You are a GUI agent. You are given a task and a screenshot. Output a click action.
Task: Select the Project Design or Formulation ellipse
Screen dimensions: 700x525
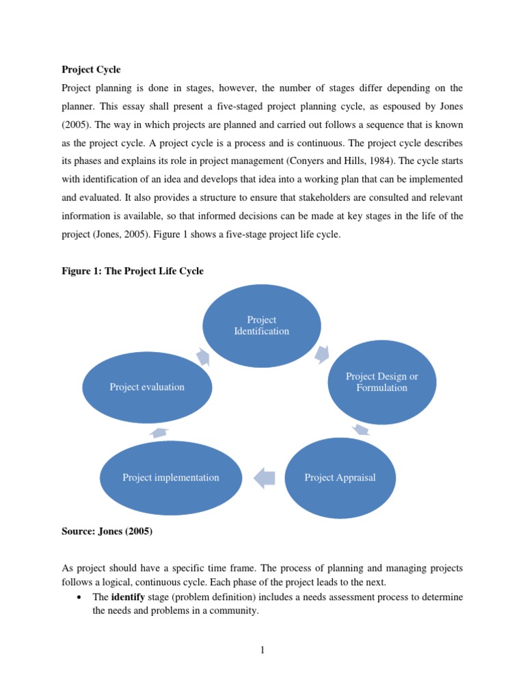[x=381, y=382]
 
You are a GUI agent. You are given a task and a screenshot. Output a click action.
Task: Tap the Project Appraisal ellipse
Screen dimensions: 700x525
[x=340, y=478]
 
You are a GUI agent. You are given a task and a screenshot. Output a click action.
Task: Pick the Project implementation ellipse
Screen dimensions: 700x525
[x=171, y=478]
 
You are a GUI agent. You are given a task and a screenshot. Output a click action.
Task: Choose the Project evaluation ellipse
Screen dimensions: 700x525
[x=147, y=387]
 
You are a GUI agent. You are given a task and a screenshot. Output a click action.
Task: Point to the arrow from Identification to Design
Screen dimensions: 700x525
[x=322, y=353]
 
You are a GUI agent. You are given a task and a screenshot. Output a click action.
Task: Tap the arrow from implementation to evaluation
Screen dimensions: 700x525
[x=159, y=431]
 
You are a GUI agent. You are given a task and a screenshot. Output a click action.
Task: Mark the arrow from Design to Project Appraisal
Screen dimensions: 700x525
[x=362, y=430]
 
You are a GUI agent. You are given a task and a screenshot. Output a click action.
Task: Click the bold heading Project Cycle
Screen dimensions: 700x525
[x=91, y=70]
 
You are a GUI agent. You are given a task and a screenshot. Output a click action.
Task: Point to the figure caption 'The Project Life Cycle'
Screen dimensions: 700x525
[x=154, y=271]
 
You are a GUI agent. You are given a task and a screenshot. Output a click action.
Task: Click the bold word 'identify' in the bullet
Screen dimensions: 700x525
[x=127, y=597]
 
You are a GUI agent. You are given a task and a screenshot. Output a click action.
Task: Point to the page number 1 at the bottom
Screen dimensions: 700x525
[x=262, y=650]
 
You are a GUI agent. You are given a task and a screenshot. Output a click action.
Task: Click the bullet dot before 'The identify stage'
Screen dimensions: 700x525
[x=81, y=597]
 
